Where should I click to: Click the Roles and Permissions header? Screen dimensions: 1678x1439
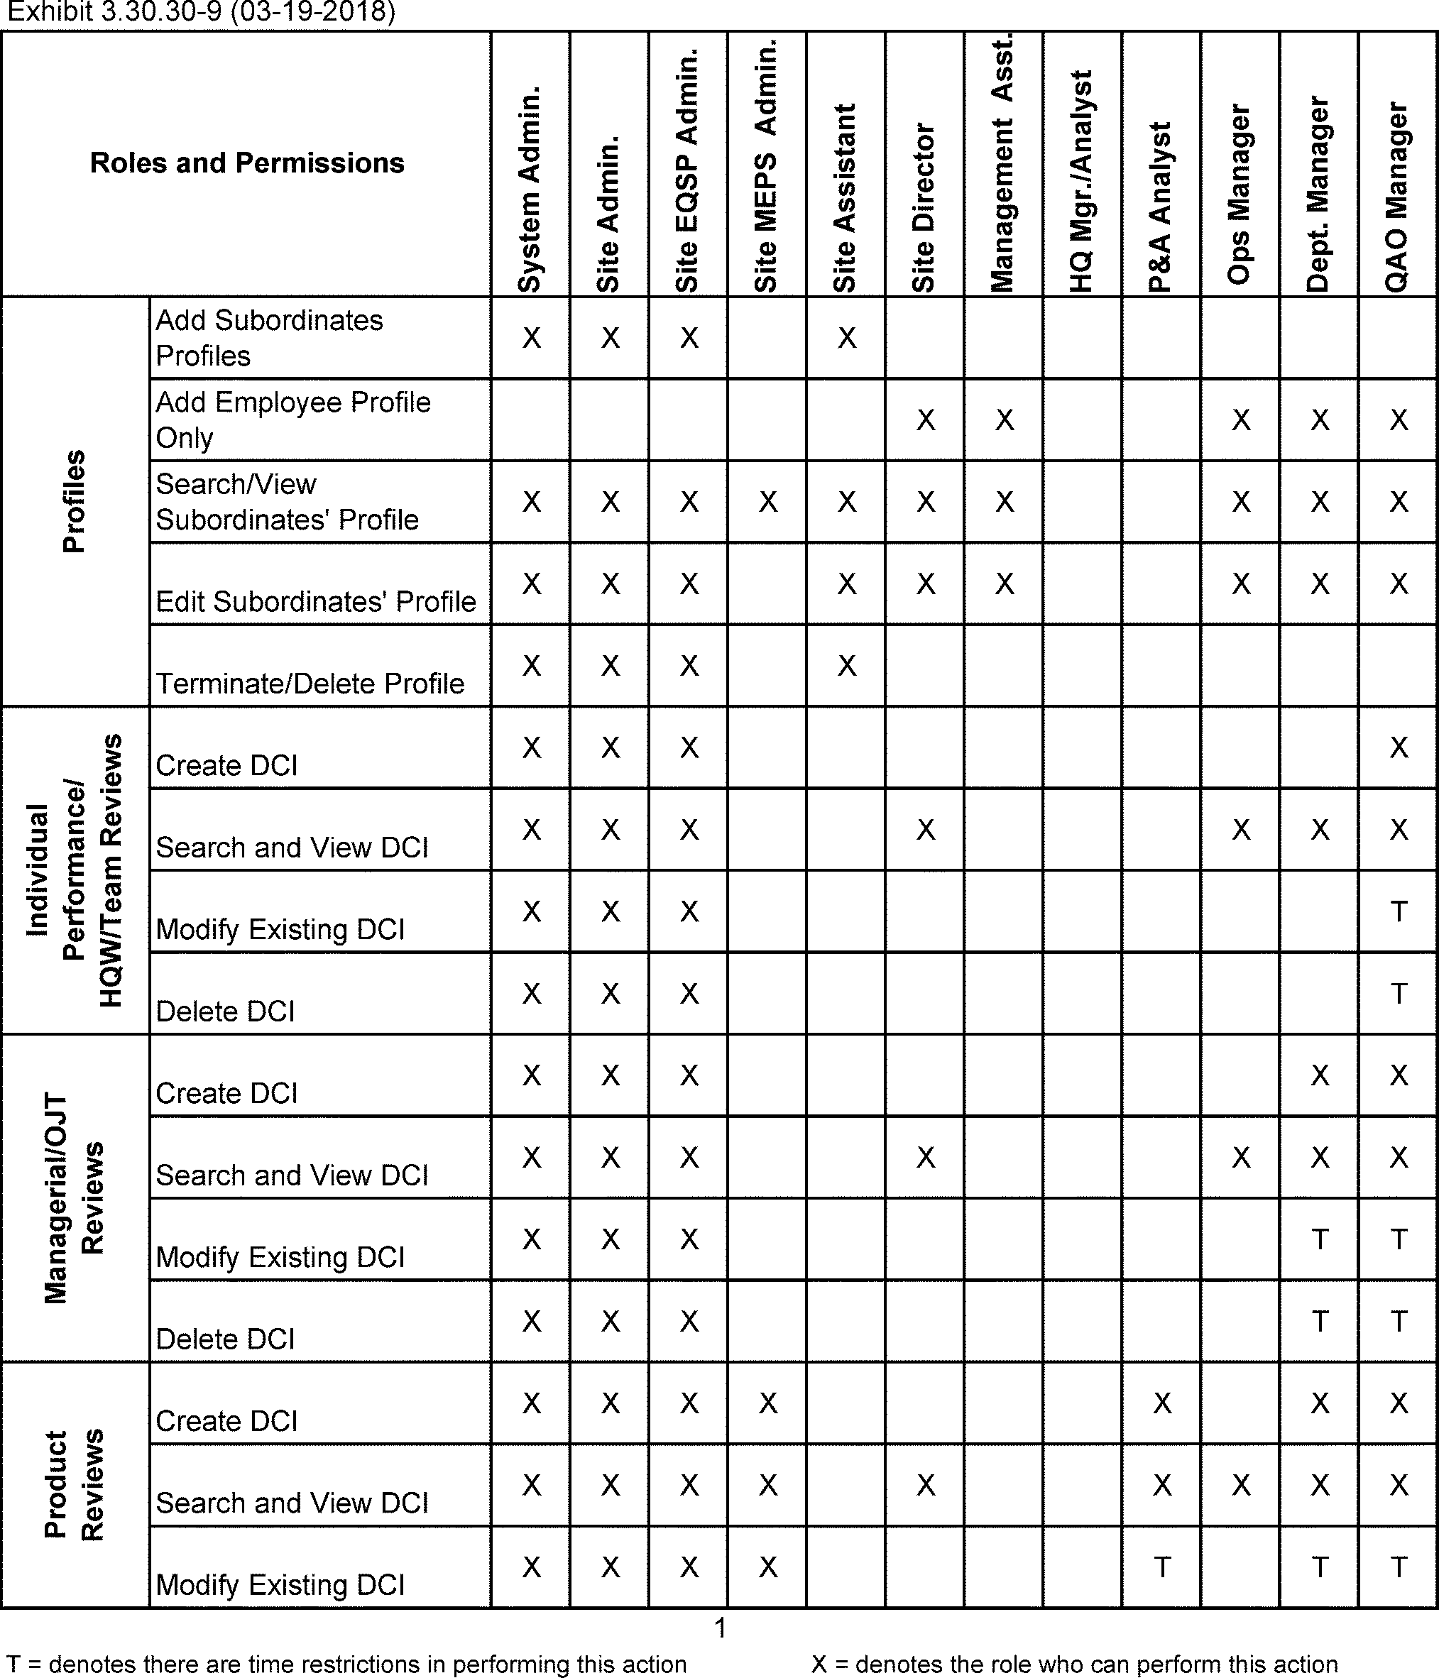click(247, 163)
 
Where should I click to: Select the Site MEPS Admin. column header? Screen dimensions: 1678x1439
click(766, 166)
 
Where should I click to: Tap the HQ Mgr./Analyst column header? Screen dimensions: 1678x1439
click(1082, 182)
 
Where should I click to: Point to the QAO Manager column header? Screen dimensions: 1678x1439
click(1397, 197)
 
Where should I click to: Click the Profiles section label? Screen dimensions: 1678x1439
click(75, 501)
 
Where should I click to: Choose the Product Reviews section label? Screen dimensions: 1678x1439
click(75, 1484)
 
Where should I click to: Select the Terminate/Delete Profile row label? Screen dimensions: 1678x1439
click(310, 684)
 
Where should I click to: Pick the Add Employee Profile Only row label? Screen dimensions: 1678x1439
click(293, 419)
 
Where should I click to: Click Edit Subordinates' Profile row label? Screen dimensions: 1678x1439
click(316, 602)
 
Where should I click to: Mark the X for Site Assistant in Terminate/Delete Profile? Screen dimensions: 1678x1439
click(846, 666)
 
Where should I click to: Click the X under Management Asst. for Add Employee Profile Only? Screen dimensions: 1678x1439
click(1004, 419)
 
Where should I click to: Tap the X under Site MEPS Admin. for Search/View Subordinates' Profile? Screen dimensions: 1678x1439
click(767, 502)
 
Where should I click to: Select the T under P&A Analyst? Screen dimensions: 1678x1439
click(1162, 1568)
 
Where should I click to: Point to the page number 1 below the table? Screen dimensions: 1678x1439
click(720, 1628)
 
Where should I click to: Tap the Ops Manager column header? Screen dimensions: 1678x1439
click(1239, 194)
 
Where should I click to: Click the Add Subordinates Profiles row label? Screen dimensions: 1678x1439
click(270, 338)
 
